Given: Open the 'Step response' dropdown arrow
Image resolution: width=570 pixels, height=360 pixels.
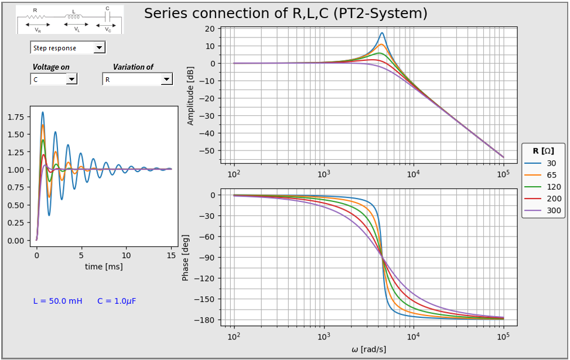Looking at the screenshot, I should [x=99, y=48].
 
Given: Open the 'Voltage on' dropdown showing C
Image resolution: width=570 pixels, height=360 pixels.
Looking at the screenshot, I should [x=71, y=79].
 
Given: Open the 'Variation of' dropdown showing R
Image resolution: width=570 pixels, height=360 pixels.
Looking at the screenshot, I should [x=166, y=79].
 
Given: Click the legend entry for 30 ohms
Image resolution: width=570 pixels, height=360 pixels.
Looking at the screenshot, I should [x=542, y=163].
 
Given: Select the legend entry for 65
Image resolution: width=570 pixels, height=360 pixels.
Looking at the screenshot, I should [x=542, y=175].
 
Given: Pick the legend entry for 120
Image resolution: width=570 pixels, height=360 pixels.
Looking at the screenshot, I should [x=542, y=187].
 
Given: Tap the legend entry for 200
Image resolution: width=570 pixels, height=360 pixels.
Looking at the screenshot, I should [x=542, y=198].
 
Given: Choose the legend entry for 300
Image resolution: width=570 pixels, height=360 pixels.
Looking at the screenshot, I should [x=542, y=210].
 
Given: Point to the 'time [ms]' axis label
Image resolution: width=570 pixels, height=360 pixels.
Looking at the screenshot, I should [x=104, y=266].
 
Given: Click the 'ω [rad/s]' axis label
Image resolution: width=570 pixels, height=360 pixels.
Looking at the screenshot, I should [x=368, y=349].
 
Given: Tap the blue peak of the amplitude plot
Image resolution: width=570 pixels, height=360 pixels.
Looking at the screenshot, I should [x=382, y=33].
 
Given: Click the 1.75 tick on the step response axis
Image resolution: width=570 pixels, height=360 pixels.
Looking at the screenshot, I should [x=16, y=117].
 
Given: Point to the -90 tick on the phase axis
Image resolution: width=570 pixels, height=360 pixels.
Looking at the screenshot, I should [x=208, y=258].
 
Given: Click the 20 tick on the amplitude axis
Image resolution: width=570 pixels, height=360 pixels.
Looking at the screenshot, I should [x=210, y=29].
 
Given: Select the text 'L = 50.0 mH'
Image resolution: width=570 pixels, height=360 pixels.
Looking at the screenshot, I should [x=57, y=301].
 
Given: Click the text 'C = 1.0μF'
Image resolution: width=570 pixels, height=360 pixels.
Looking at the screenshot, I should [x=117, y=301].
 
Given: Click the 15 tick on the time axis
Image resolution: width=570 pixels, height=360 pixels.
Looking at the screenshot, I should [x=171, y=256].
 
